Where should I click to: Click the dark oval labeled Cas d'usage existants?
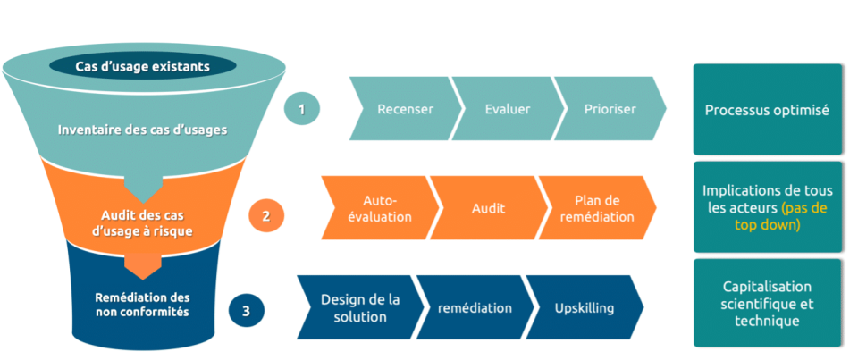point(143,65)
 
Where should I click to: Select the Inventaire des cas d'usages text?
point(143,129)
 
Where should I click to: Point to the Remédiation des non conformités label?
point(143,304)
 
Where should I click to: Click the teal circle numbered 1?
point(302,110)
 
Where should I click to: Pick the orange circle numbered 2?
point(266,215)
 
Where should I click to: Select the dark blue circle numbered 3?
point(246,311)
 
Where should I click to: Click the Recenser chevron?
point(405,110)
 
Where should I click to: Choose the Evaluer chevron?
point(507,110)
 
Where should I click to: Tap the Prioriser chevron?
point(610,110)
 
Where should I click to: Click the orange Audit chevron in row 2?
point(488,208)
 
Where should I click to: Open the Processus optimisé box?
point(767,110)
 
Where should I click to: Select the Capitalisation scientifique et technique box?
point(767,304)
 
